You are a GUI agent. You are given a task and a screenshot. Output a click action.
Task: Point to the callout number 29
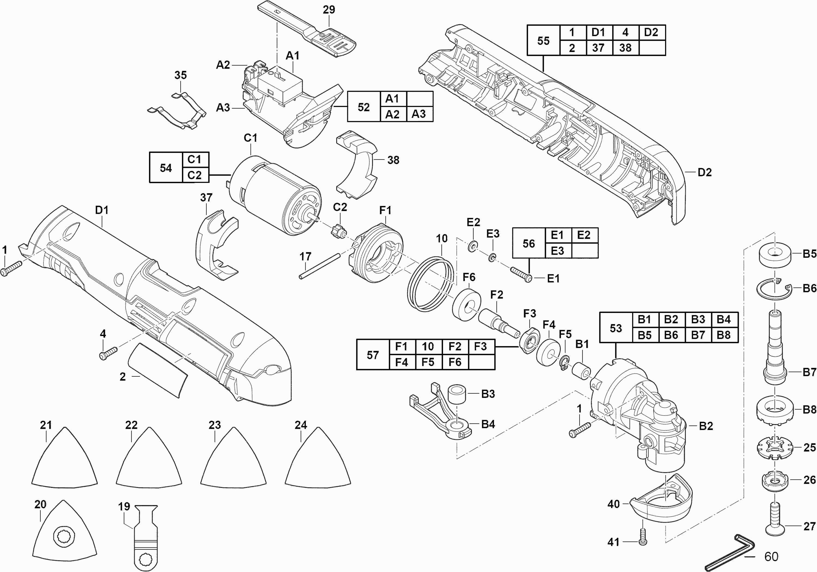[x=329, y=10]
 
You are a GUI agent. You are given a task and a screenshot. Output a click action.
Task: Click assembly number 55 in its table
[x=543, y=41]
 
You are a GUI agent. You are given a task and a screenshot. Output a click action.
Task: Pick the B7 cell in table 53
[x=698, y=335]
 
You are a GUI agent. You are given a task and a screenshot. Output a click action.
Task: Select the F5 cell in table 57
[x=428, y=362]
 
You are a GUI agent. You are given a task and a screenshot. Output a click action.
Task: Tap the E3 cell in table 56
[x=557, y=251]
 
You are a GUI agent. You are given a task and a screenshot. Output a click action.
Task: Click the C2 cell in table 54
[x=195, y=175]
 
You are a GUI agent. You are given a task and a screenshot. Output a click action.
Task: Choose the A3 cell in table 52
[x=419, y=114]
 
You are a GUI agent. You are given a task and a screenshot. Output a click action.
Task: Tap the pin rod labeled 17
[x=319, y=266]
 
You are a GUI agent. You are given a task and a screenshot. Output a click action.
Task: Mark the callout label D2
[x=705, y=173]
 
